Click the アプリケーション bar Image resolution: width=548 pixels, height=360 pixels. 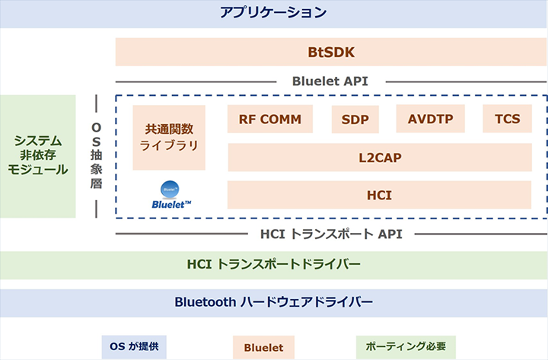273,13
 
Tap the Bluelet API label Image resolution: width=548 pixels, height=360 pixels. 330,81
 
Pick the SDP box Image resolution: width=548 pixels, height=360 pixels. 355,119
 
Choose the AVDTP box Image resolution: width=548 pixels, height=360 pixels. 430,119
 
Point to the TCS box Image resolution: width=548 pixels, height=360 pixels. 507,119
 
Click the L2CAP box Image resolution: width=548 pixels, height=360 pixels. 379,158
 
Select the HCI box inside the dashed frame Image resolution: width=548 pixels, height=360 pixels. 379,195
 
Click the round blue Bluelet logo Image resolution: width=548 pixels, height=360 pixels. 169,189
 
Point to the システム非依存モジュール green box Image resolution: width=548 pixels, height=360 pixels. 38,156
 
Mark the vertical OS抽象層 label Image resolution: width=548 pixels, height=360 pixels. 97,157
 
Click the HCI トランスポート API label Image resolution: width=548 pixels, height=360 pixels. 330,234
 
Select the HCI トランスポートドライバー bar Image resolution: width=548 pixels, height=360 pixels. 273,265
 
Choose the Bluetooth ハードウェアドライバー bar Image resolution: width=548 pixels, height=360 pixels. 273,302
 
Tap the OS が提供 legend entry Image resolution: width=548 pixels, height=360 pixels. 134,347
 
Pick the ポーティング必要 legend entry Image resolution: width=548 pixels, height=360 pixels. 405,347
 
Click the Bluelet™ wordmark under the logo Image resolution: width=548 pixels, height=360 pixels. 171,204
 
